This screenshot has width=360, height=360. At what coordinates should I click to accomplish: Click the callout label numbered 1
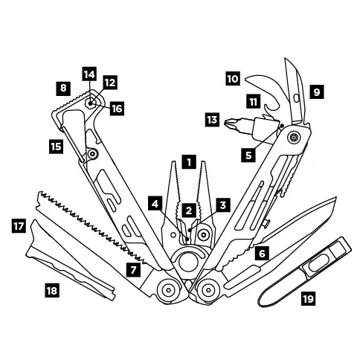(189, 162)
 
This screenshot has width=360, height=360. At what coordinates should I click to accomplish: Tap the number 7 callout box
(134, 269)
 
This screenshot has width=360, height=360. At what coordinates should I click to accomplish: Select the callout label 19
(309, 298)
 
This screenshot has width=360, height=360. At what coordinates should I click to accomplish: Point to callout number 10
(233, 79)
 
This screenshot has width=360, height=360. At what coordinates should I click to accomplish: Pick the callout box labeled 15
(56, 146)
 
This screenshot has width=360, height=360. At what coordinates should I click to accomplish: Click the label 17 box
(19, 226)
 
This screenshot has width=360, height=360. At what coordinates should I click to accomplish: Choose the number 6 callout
(262, 254)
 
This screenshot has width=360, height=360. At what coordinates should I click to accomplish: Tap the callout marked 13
(212, 120)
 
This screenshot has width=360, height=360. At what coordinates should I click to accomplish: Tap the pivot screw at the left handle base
(168, 289)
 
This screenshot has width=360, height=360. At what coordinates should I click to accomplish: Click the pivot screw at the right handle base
(208, 289)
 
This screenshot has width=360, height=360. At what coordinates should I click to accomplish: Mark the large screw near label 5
(294, 137)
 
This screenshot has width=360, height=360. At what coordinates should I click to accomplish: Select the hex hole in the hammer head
(91, 103)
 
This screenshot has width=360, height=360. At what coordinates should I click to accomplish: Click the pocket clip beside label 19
(305, 272)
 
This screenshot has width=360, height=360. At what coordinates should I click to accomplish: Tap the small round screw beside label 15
(93, 154)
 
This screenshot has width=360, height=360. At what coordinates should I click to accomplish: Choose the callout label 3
(223, 205)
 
